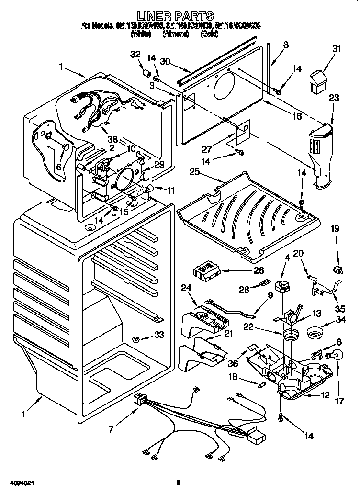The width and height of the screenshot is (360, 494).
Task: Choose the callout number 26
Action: pyautogui.click(x=259, y=270)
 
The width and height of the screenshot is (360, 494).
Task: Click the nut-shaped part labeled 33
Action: pyautogui.click(x=135, y=339)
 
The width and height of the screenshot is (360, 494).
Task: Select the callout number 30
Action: pyautogui.click(x=165, y=61)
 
